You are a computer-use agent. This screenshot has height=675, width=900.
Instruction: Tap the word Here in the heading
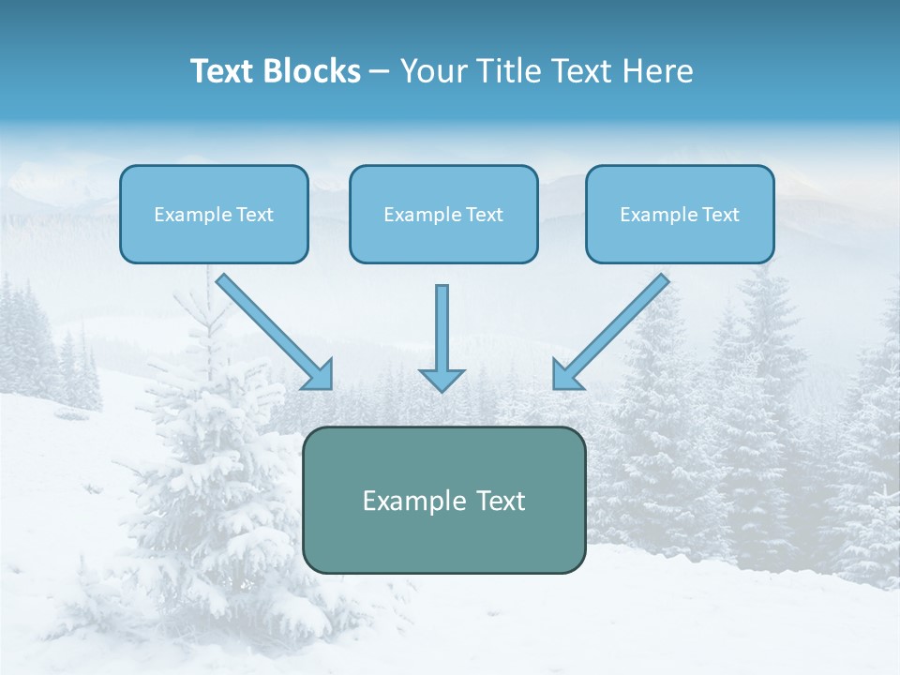tap(657, 71)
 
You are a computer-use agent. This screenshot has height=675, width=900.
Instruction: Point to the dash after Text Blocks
tap(379, 72)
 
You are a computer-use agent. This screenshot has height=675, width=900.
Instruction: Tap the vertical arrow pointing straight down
tap(442, 328)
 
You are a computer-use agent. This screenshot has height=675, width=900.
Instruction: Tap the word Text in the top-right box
tap(720, 215)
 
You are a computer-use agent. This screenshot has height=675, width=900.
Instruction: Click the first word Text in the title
tap(223, 71)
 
